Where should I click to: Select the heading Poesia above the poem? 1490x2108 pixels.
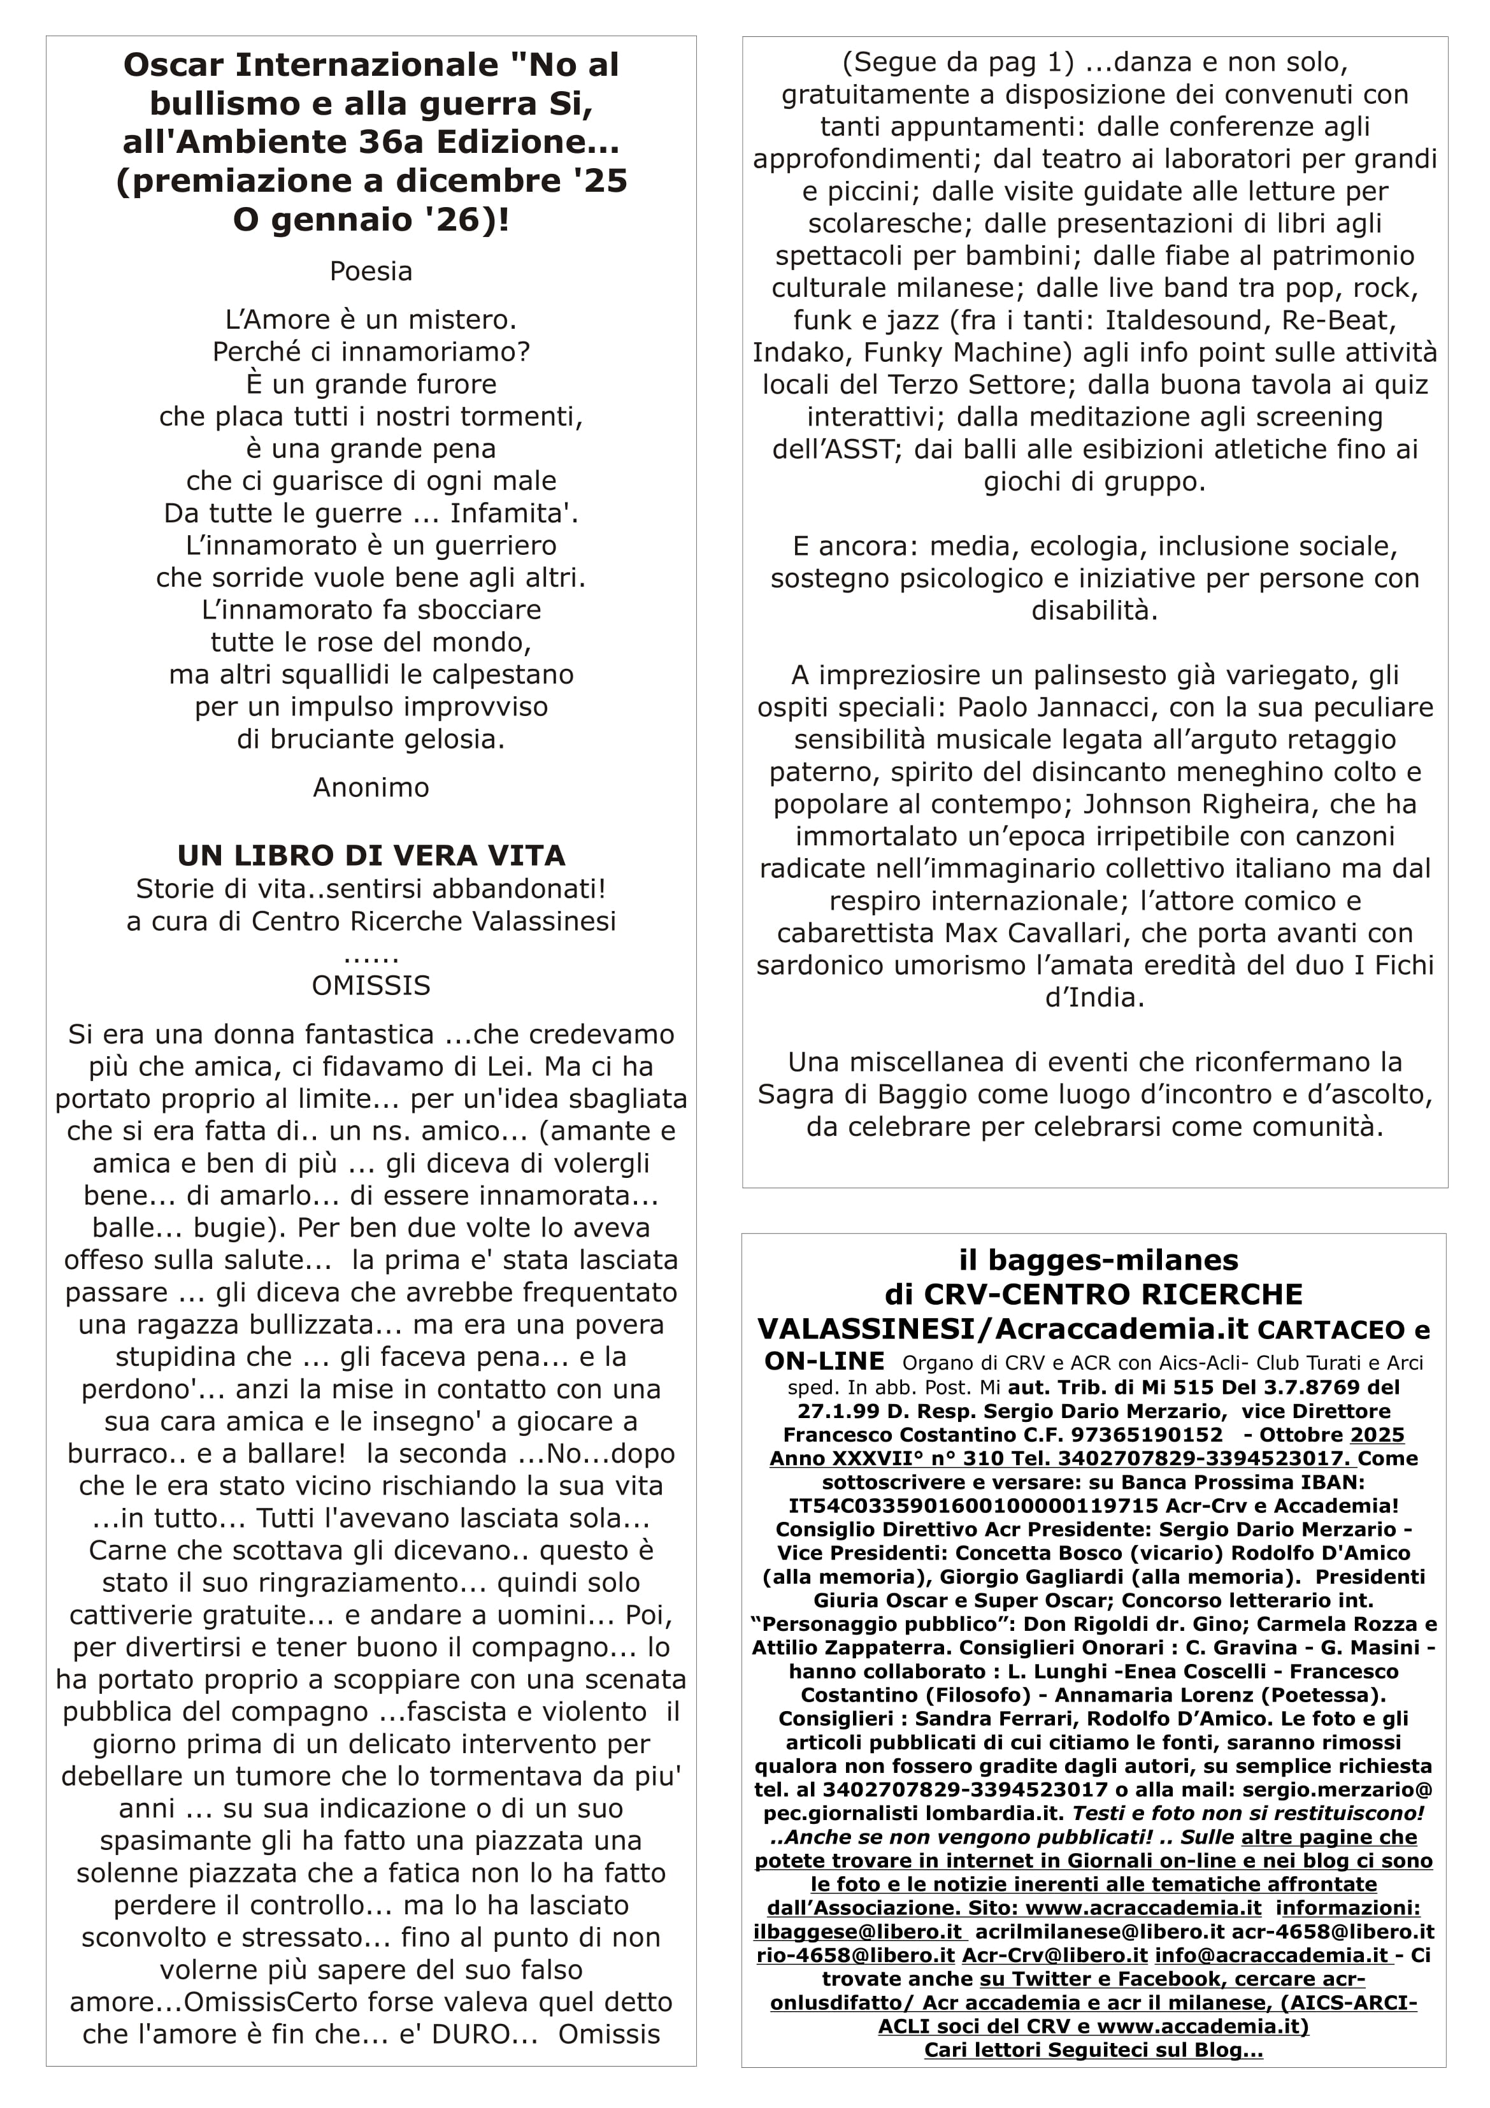click(371, 272)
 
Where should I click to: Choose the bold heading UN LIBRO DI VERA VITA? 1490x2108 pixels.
click(371, 856)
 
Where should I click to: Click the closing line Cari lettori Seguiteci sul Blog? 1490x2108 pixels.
click(1093, 2050)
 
